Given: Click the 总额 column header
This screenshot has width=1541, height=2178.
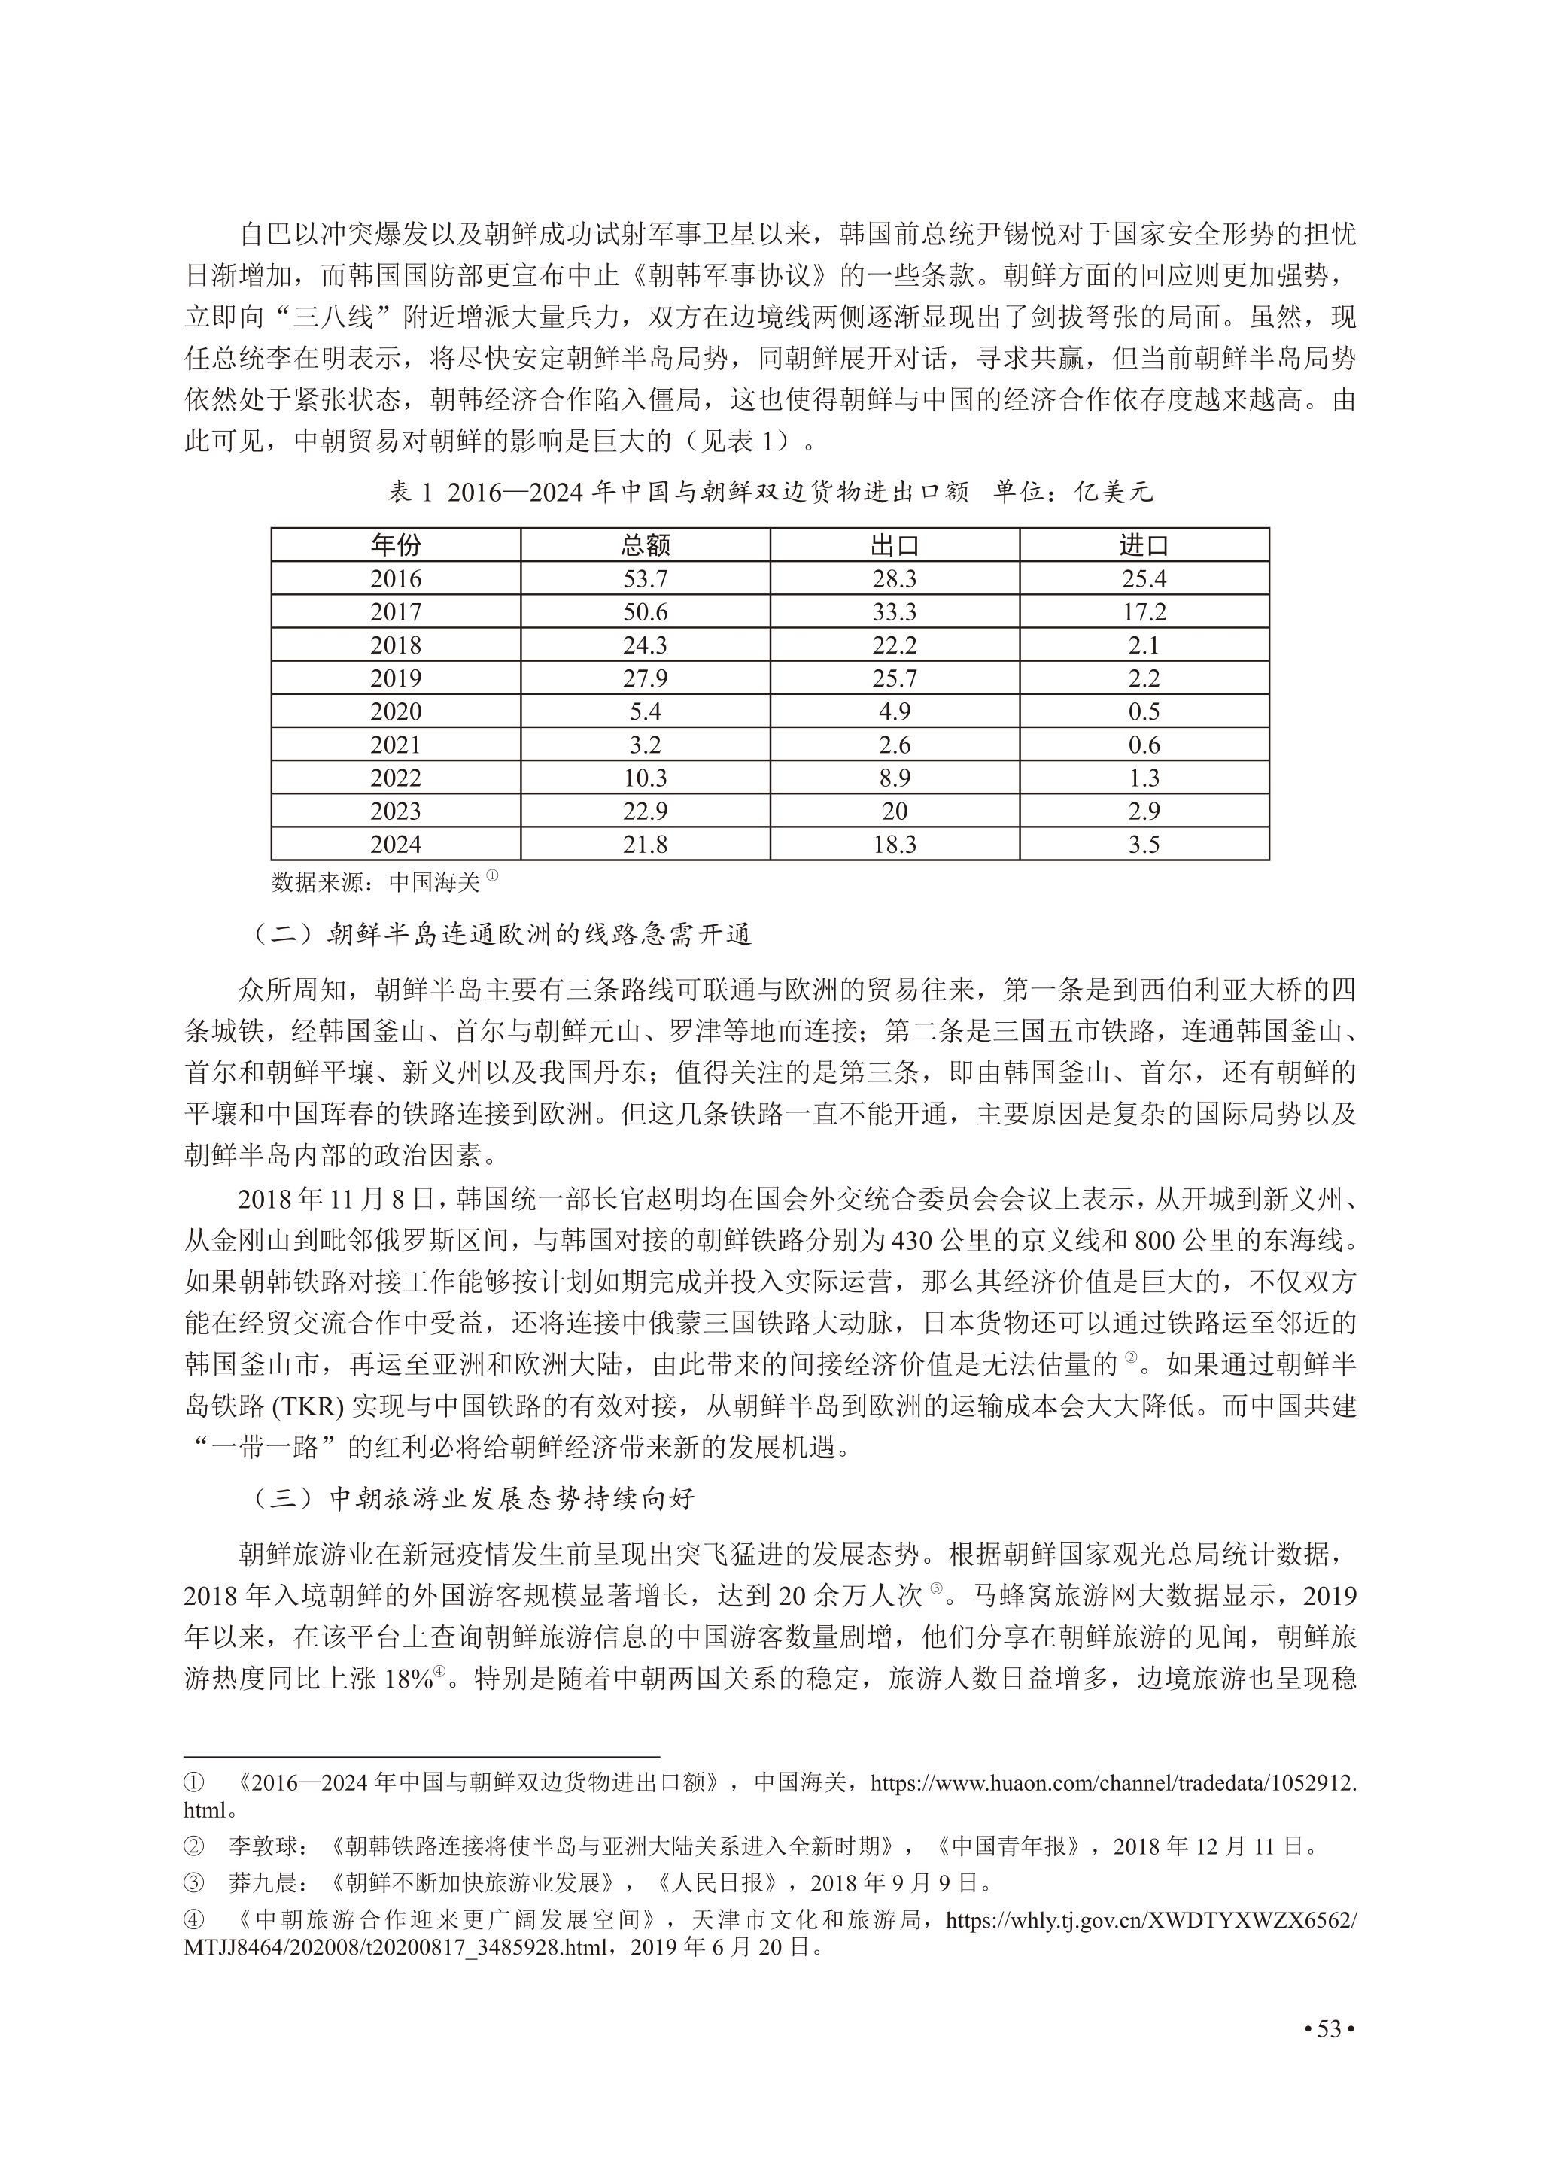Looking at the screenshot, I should (646, 545).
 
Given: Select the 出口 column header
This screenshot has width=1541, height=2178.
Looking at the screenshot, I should (895, 545).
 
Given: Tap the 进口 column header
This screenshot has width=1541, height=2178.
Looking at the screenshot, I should (1144, 545).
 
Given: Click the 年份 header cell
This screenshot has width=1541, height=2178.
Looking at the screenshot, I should (396, 545).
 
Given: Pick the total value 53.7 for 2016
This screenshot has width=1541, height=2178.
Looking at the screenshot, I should (646, 578).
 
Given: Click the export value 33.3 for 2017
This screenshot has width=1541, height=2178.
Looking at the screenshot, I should (895, 612).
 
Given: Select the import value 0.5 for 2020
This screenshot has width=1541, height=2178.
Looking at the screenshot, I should (1144, 711).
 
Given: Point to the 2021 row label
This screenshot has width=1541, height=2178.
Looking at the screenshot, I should (396, 745).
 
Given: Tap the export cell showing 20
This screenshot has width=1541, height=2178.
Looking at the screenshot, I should (895, 811).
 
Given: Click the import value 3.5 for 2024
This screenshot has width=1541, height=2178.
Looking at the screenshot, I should (1144, 845).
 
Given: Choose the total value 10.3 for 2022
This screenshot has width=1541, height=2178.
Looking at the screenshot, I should (646, 778).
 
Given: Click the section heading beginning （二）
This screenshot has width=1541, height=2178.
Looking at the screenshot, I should (502, 936).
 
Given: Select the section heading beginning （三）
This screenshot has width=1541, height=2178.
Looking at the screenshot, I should (475, 1499).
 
